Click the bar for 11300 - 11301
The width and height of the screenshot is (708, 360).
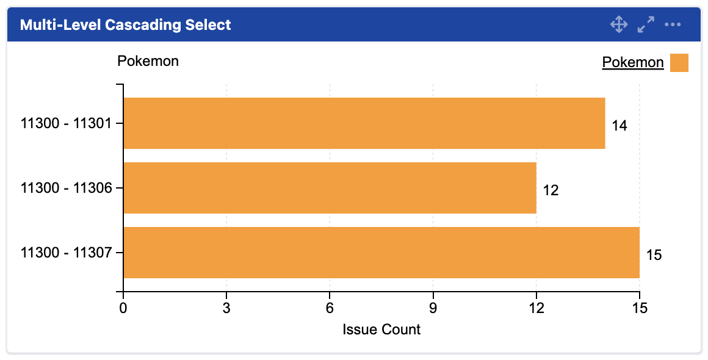(x=364, y=123)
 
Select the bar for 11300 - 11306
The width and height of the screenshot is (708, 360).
(x=330, y=188)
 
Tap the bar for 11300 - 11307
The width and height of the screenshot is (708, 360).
(x=381, y=253)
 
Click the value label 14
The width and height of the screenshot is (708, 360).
(x=619, y=126)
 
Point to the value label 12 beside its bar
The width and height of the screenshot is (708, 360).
(x=551, y=190)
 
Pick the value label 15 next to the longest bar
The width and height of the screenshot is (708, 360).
(x=654, y=255)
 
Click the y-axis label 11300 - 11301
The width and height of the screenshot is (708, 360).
(x=66, y=124)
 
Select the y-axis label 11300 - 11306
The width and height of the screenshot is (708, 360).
(x=66, y=189)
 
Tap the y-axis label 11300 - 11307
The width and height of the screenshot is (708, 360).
(x=66, y=253)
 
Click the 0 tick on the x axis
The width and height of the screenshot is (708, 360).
(x=123, y=308)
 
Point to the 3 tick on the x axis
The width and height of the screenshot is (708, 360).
(x=226, y=308)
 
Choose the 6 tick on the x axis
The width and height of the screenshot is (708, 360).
(x=330, y=308)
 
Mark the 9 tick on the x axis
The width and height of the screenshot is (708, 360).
(x=433, y=308)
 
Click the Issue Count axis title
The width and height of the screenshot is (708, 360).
(x=381, y=329)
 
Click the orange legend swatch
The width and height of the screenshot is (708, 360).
(x=679, y=62)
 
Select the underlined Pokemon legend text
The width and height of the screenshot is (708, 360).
(x=632, y=62)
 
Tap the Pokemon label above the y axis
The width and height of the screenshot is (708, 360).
(x=148, y=61)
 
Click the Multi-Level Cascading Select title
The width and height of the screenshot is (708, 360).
(x=126, y=25)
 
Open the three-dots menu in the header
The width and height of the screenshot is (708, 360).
(x=673, y=25)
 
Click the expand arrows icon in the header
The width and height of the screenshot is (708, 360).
(x=646, y=25)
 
